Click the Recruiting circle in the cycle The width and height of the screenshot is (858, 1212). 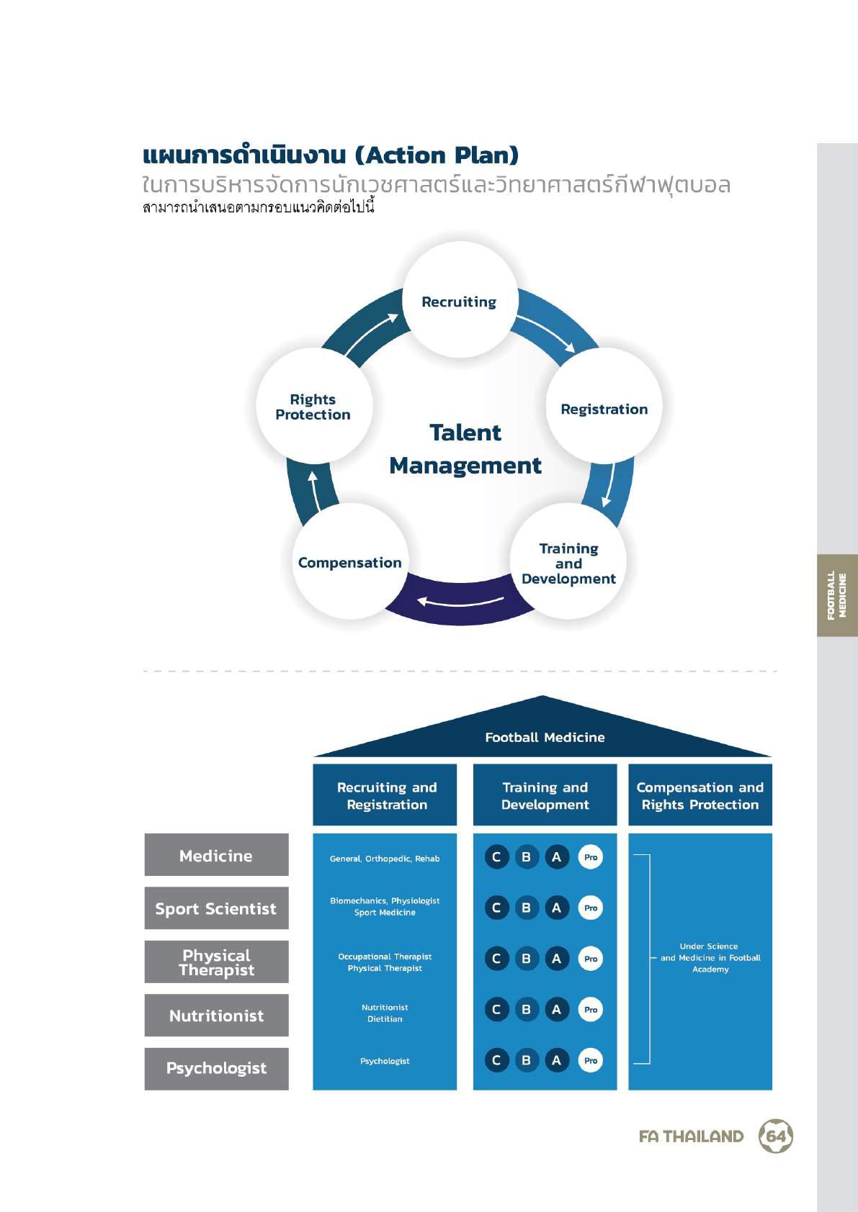[460, 299]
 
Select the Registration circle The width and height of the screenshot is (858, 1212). [604, 405]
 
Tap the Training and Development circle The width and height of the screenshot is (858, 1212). [568, 561]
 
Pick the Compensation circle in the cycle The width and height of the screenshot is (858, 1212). [350, 561]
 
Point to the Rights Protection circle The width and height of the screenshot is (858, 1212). [314, 405]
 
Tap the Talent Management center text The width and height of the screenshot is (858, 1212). [465, 449]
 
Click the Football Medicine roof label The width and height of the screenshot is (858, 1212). [545, 737]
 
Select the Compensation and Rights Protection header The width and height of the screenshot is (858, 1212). [700, 795]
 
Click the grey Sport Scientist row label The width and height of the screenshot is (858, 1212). [216, 908]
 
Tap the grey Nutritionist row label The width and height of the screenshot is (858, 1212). [216, 1015]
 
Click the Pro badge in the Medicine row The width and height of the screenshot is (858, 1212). [591, 858]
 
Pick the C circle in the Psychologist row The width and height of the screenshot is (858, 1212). [496, 1061]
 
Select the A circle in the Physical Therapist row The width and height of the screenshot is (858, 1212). [556, 959]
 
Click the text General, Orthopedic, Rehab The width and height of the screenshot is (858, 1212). [385, 859]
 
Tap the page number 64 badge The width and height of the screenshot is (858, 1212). [776, 1136]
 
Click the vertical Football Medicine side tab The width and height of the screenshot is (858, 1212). [837, 595]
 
